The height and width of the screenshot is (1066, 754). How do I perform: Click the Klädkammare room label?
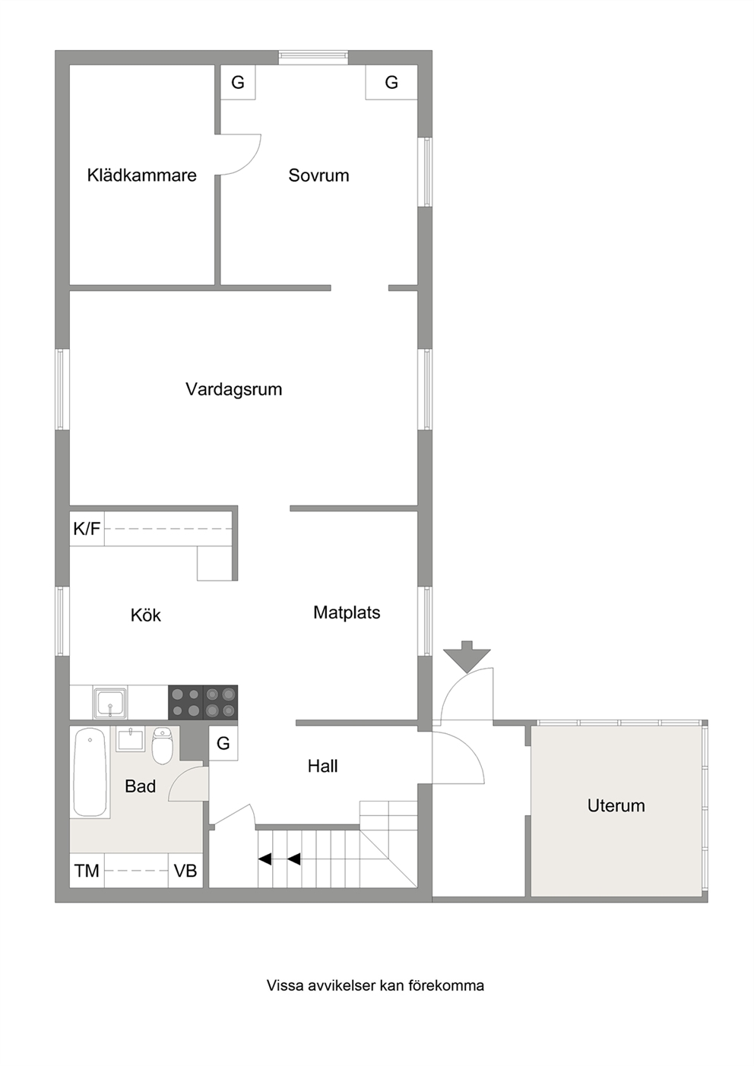tap(142, 175)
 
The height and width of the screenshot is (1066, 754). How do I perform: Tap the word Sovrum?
tap(318, 175)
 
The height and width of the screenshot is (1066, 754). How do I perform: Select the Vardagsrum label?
tap(233, 389)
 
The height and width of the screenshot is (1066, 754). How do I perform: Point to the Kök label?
tap(146, 615)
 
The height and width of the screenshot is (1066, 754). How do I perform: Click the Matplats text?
tap(347, 612)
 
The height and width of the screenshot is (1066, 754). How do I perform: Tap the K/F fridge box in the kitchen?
tap(87, 529)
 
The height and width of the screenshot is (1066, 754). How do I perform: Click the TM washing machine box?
tap(87, 871)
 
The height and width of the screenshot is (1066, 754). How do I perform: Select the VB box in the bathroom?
tap(185, 871)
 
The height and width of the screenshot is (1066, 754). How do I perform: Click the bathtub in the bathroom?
tap(90, 773)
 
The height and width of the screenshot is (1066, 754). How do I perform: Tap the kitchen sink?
tap(110, 702)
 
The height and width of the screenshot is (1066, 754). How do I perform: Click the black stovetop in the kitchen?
tap(203, 702)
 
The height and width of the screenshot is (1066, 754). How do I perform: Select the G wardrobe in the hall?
tap(223, 743)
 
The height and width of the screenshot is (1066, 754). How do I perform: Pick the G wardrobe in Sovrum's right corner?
tap(391, 82)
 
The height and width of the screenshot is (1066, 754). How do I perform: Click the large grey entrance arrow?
tap(467, 656)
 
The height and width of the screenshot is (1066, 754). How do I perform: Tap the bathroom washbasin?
tap(131, 740)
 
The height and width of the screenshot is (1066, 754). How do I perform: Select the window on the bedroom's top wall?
tap(313, 58)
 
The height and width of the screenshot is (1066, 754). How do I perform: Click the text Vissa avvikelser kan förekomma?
tap(375, 985)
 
